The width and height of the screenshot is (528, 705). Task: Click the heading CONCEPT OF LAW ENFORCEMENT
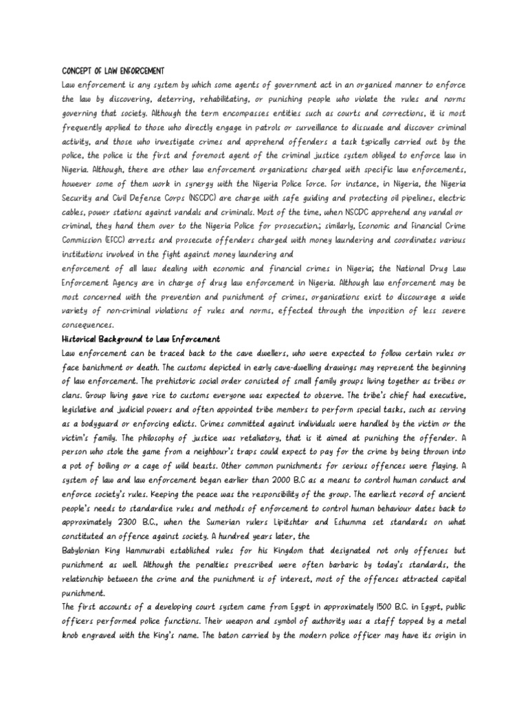(x=113, y=70)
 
